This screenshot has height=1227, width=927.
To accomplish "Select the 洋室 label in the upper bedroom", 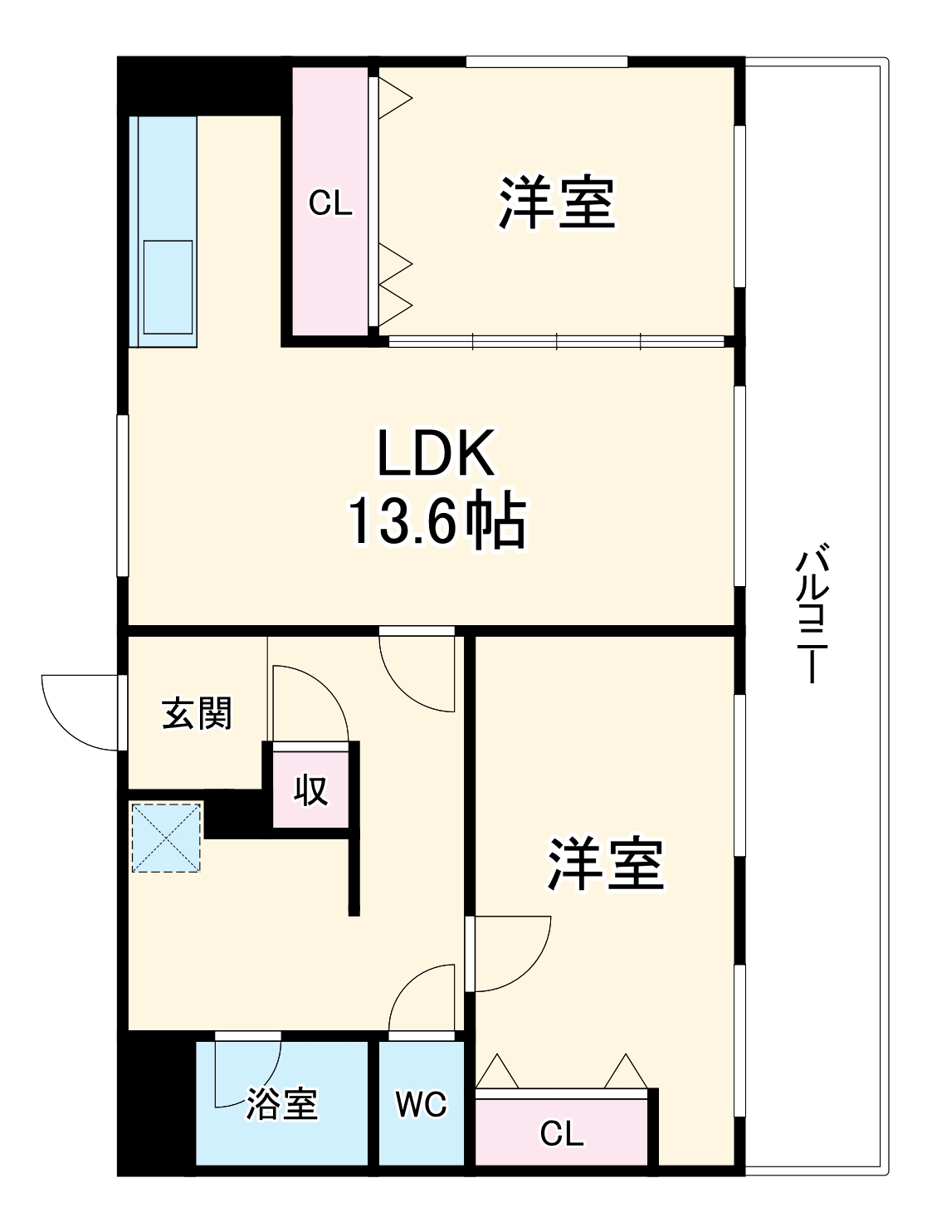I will (557, 203).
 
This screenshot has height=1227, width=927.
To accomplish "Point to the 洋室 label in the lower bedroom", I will (605, 864).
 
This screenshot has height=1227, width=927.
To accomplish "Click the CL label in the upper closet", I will (330, 203).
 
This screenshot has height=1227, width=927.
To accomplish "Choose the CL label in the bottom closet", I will (562, 1133).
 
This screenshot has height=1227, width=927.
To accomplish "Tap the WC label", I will (421, 1104).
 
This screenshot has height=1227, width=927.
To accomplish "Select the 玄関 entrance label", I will (197, 714).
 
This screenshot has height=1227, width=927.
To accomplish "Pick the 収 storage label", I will (311, 789).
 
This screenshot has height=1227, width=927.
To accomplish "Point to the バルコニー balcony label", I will (812, 613).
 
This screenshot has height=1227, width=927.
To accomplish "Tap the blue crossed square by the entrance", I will (166, 837).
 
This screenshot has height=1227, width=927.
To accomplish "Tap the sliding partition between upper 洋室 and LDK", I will (556, 340).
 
